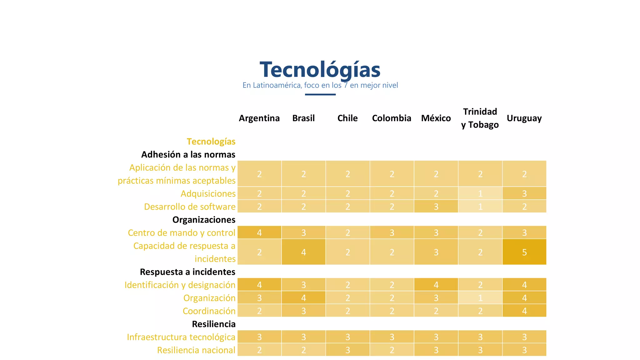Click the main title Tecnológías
point(320,69)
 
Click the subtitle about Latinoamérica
point(320,85)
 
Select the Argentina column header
point(259,118)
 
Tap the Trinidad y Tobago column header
point(480,118)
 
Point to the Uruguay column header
point(524,118)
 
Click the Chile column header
point(347,118)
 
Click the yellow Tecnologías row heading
point(211,142)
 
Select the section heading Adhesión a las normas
point(188,154)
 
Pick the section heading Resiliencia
point(213,324)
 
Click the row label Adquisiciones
point(208,194)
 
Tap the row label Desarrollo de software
point(190,207)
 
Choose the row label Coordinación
point(209,311)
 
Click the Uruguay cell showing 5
point(524,252)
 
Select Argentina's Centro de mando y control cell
point(259,232)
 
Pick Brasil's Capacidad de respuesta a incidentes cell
point(303,252)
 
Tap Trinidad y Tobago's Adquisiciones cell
point(480,193)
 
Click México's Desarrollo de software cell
point(436,207)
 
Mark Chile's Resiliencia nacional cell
point(347,350)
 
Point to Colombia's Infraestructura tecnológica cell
point(392,337)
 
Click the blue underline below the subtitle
point(320,94)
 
